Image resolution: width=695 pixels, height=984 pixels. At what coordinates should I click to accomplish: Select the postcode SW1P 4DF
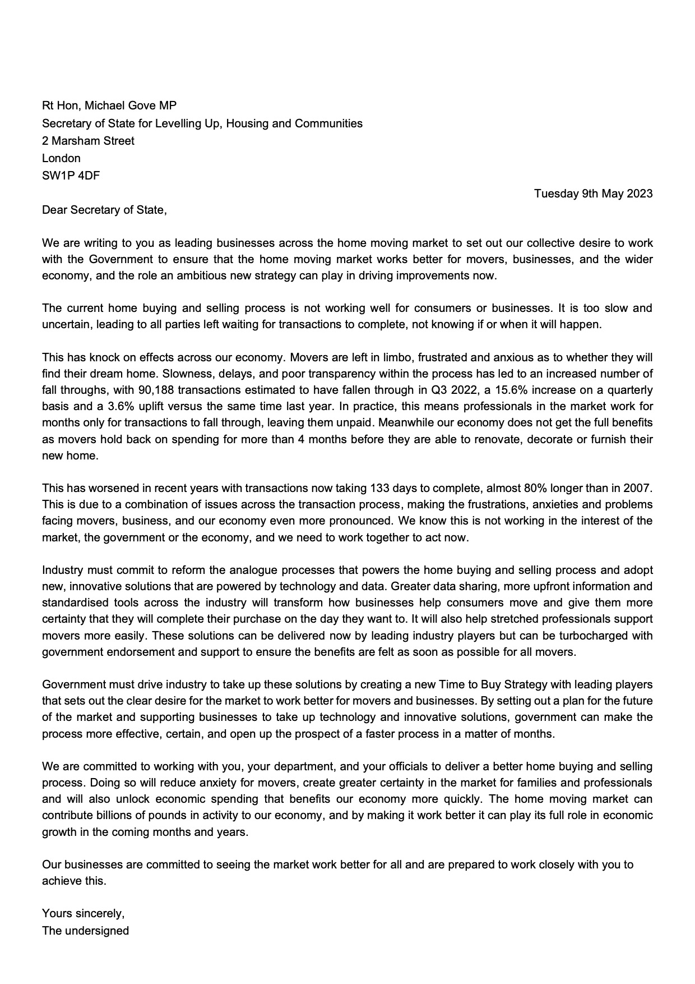(71, 175)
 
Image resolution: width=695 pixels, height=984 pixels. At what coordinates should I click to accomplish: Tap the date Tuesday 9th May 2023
(593, 194)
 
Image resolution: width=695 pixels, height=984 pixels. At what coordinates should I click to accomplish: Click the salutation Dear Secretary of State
(104, 210)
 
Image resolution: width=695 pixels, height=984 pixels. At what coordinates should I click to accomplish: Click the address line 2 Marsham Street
(88, 141)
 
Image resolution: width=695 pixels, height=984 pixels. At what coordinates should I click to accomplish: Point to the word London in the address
(61, 158)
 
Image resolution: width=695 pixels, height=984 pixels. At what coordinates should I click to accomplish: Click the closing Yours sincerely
(84, 913)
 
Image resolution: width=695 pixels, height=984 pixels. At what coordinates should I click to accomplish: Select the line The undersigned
(85, 931)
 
